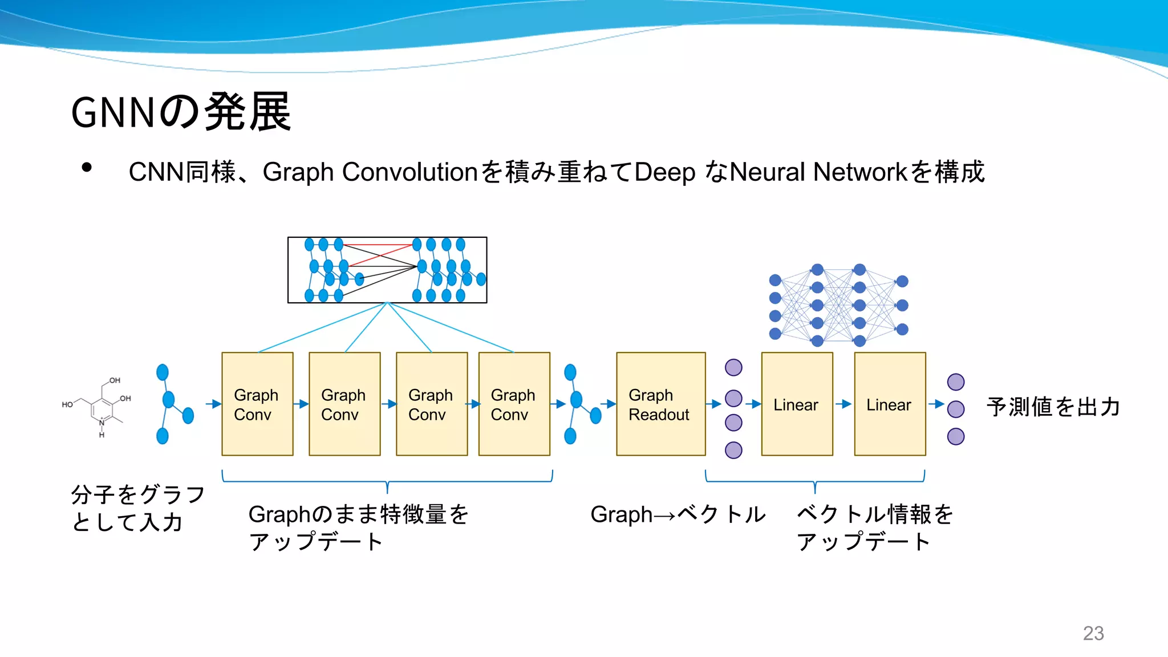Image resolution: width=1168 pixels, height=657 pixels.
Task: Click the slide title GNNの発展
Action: [x=181, y=112]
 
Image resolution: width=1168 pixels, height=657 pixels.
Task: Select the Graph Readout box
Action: [x=660, y=404]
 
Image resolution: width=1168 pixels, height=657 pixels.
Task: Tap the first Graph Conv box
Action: [x=257, y=404]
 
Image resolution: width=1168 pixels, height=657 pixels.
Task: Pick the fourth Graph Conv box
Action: [x=514, y=404]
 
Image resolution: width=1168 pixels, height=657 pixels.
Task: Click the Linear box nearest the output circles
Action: [x=890, y=404]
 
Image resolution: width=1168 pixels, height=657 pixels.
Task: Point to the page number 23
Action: [x=1093, y=633]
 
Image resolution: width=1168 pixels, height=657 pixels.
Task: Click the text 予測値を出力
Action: [x=1053, y=407]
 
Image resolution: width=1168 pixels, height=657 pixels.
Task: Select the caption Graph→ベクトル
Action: [x=678, y=514]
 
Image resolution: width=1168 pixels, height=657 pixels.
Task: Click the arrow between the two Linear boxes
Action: [x=843, y=404]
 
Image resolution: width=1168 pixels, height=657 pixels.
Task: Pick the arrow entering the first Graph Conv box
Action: [x=213, y=404]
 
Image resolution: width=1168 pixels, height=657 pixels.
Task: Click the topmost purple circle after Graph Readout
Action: [x=733, y=367]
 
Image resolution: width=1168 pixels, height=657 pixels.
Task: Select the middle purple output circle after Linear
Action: [x=956, y=409]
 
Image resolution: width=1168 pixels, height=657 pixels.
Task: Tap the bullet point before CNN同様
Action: [x=87, y=168]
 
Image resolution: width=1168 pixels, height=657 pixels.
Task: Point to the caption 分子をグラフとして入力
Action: [x=137, y=508]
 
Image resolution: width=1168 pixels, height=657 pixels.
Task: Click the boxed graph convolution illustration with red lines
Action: [x=387, y=270]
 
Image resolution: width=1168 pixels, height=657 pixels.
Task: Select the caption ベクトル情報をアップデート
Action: [x=874, y=528]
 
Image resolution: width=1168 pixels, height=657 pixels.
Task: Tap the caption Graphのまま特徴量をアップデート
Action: [x=358, y=528]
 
